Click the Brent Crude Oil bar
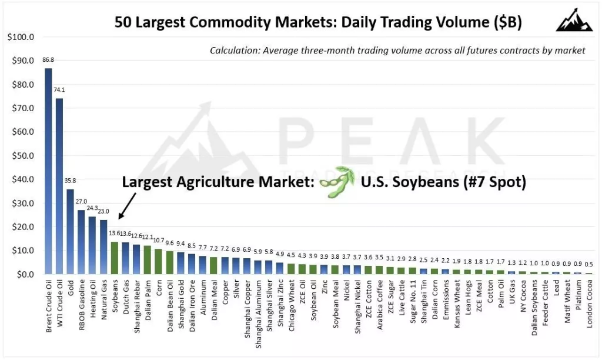(48, 171)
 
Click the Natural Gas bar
(103, 246)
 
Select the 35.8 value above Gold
(71, 181)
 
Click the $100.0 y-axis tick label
(19, 37)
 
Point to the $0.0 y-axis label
(23, 274)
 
